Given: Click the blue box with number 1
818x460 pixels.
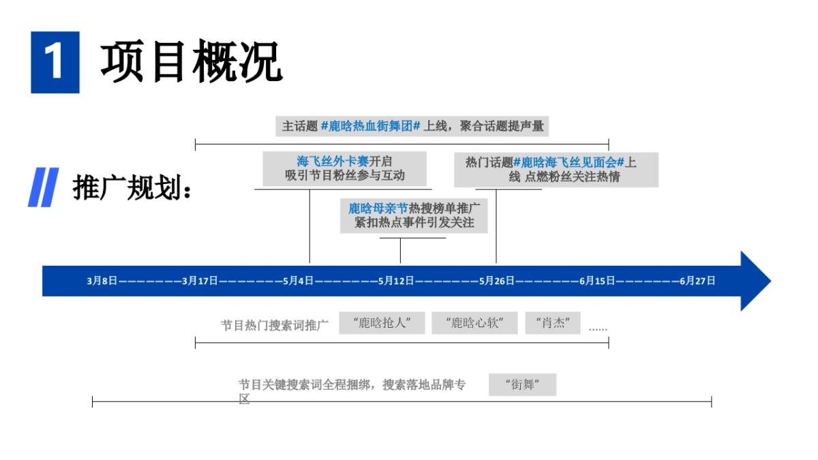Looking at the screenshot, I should (x=55, y=62).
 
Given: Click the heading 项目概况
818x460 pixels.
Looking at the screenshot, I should (x=192, y=62).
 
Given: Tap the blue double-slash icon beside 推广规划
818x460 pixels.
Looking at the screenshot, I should (x=43, y=187).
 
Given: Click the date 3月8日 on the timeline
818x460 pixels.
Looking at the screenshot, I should (x=102, y=281).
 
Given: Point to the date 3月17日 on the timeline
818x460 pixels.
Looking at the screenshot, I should (x=200, y=281).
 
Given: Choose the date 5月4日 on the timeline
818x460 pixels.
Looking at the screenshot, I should (x=299, y=281).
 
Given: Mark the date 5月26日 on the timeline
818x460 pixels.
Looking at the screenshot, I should (x=496, y=281).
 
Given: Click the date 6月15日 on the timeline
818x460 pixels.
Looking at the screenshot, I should (x=597, y=281).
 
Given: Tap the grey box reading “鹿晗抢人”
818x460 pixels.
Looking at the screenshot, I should (x=382, y=323).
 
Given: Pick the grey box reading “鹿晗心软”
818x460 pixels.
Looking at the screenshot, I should (x=474, y=323).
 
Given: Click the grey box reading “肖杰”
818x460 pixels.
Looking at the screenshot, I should (x=552, y=323).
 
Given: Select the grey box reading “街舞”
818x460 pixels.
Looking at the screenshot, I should (x=522, y=384).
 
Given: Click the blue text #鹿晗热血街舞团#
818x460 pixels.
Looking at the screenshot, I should (x=371, y=127).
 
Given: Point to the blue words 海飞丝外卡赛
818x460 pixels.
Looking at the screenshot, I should (x=333, y=162).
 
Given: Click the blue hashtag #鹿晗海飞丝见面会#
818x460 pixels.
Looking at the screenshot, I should (x=569, y=162).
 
